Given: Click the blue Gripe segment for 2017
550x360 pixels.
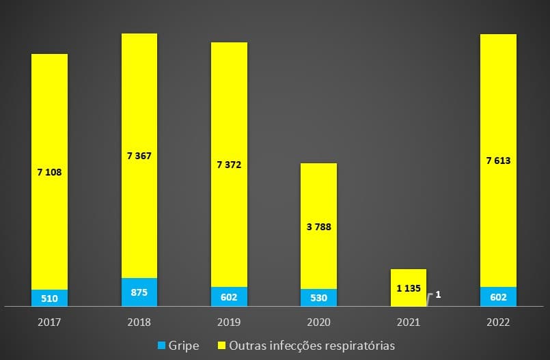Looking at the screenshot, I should pyautogui.click(x=49, y=298).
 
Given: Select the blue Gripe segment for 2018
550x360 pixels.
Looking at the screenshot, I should pyautogui.click(x=139, y=292).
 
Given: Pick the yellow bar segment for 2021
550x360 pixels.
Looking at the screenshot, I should pyautogui.click(x=408, y=279).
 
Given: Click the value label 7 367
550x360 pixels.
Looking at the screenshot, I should pyautogui.click(x=139, y=156).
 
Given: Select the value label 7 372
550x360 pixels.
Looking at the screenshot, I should pyautogui.click(x=229, y=165).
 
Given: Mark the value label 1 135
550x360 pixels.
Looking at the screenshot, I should pyautogui.click(x=408, y=288).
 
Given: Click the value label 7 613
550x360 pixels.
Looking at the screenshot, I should pyautogui.click(x=498, y=161).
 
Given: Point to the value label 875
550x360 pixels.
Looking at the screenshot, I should pyautogui.click(x=139, y=292).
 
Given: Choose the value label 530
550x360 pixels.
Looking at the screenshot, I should pyautogui.click(x=318, y=298).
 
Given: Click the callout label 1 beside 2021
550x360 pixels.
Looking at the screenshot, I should pyautogui.click(x=438, y=295).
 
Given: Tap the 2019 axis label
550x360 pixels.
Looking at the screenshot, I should pyautogui.click(x=229, y=321).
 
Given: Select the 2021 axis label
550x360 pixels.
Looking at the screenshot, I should pyautogui.click(x=408, y=321).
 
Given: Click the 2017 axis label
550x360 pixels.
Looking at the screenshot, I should pyautogui.click(x=49, y=321).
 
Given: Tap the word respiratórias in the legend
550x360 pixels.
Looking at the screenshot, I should pyautogui.click(x=361, y=346).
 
